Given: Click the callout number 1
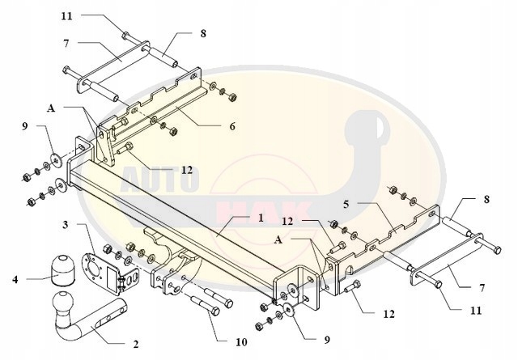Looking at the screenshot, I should click(261, 218).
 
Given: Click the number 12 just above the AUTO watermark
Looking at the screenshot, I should click(186, 170).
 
